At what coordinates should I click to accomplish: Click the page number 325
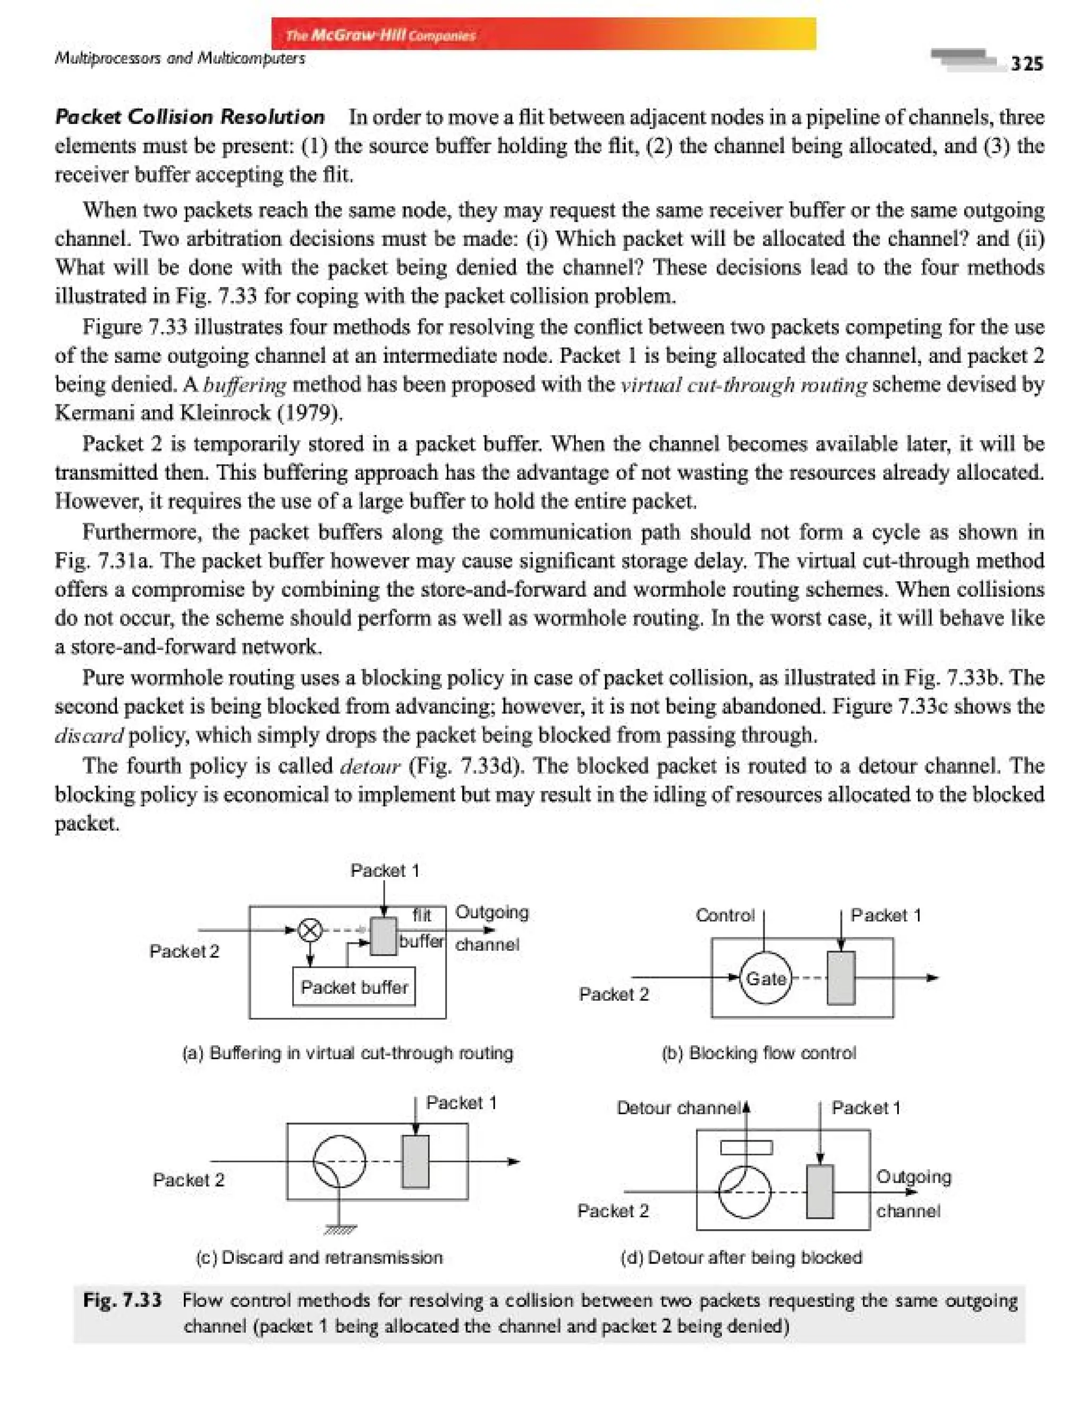point(1026,63)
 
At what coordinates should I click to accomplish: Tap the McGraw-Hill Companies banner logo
point(381,35)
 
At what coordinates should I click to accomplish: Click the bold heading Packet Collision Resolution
point(190,116)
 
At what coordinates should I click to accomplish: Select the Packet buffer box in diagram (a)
point(354,987)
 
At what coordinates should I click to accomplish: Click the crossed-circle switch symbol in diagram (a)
point(310,930)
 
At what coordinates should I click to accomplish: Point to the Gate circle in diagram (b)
point(766,978)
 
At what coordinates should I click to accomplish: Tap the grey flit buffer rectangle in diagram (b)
point(840,978)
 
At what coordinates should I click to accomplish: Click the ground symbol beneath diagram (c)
point(339,1229)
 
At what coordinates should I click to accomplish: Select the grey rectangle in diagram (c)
point(415,1162)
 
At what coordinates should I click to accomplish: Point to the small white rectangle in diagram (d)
point(746,1148)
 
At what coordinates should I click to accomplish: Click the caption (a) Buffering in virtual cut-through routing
point(348,1053)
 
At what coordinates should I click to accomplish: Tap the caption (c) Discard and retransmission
point(319,1257)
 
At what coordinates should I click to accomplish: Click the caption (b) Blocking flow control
point(759,1053)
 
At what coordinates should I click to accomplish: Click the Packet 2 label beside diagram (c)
point(189,1180)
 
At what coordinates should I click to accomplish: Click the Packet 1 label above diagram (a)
point(385,870)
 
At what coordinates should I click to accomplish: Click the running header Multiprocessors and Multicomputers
point(180,58)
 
